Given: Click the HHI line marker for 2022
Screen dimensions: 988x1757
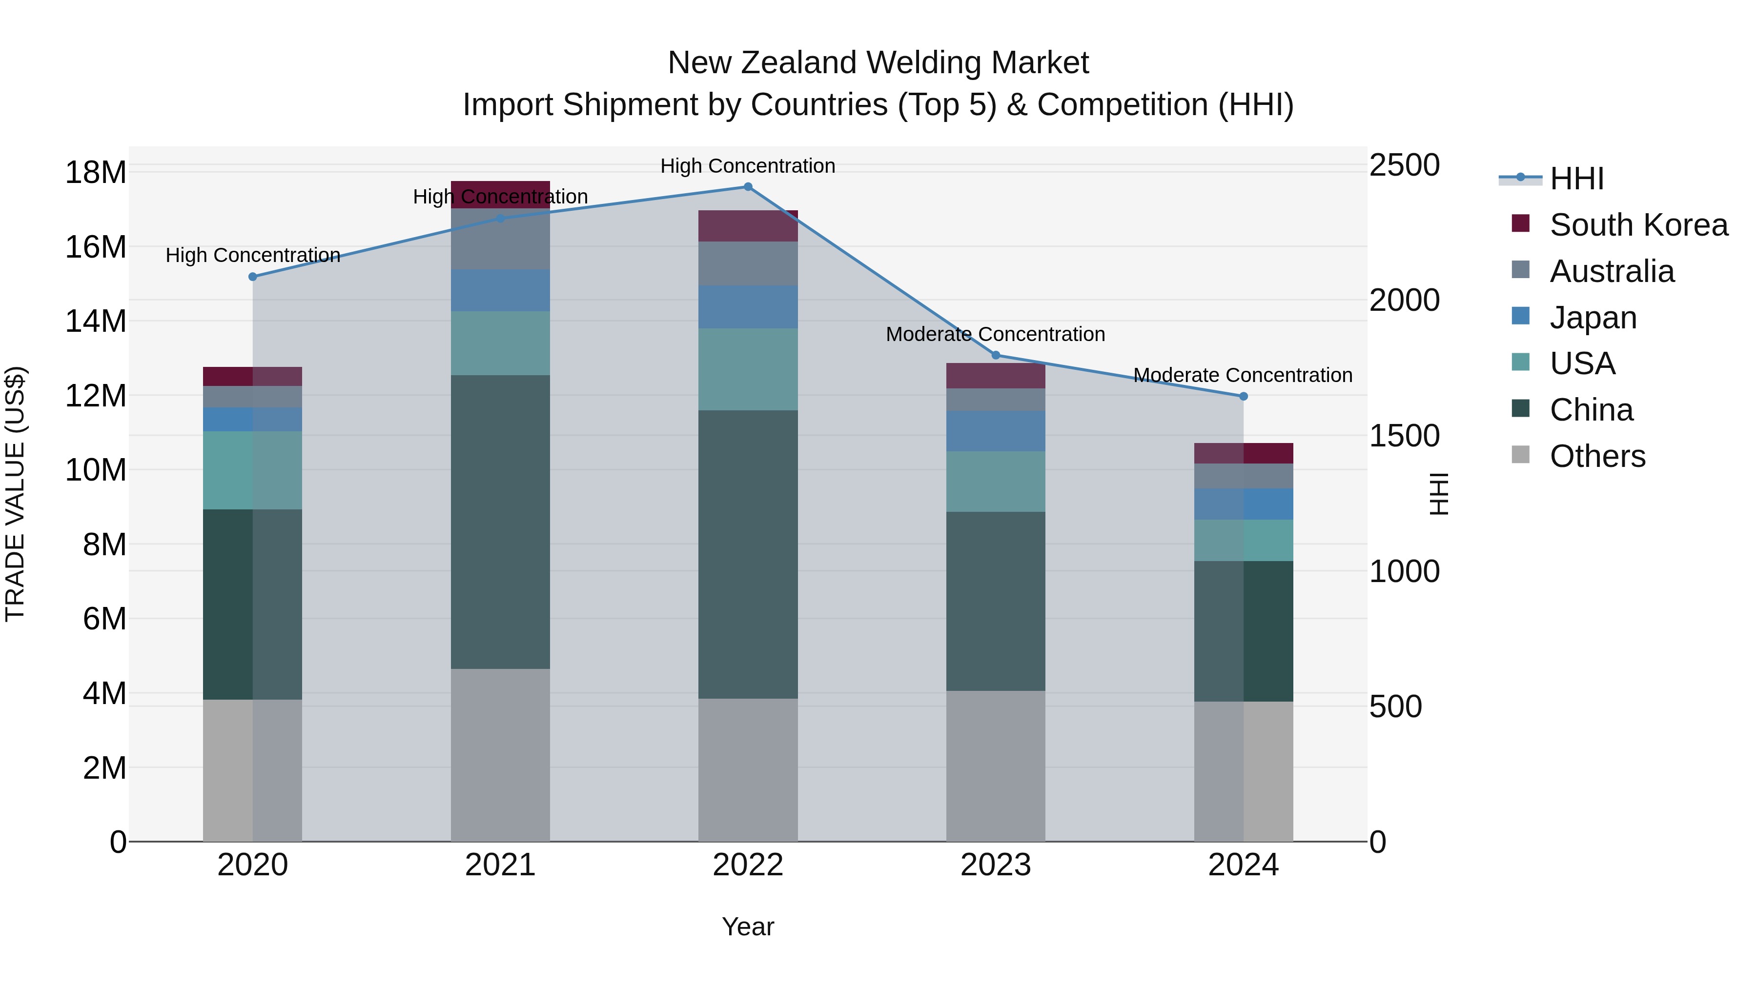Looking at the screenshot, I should [x=748, y=187].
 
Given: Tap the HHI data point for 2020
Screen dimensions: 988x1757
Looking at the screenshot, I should [x=252, y=277].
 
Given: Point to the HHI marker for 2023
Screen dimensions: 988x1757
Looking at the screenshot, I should [x=995, y=355].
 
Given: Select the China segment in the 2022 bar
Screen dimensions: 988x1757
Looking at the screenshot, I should [x=748, y=554].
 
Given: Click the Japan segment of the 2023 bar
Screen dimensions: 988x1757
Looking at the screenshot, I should [x=995, y=431].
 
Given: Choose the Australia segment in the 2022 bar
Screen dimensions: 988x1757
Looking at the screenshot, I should [x=748, y=263].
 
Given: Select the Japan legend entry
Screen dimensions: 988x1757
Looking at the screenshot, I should [x=1593, y=318].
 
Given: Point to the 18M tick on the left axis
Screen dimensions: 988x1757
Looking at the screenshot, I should [x=96, y=173].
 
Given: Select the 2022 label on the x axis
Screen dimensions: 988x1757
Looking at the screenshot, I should [x=748, y=865].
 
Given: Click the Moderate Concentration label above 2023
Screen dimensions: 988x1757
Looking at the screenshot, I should [x=995, y=334].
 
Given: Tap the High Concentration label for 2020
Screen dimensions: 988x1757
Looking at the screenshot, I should [x=252, y=255].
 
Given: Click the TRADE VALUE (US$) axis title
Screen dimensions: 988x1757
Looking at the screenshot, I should [x=15, y=494].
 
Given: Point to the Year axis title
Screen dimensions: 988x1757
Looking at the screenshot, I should [x=748, y=927].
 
